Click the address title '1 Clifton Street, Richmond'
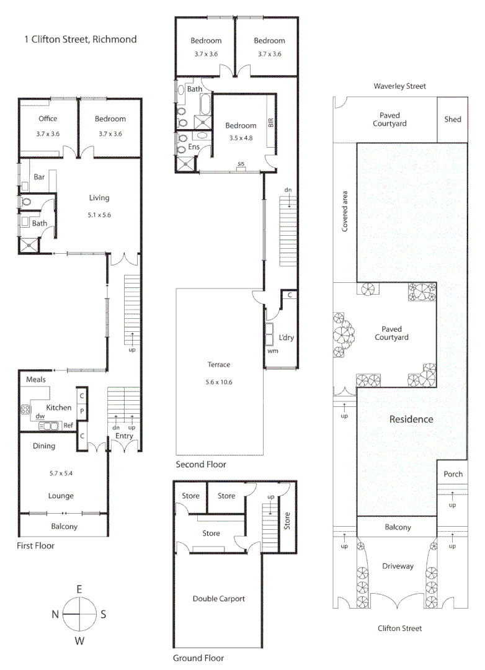(x=80, y=39)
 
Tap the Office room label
(x=48, y=118)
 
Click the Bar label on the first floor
(x=39, y=177)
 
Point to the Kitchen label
(x=59, y=408)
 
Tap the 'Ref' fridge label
(x=68, y=426)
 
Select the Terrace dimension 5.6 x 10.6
(x=219, y=382)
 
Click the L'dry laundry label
(x=286, y=337)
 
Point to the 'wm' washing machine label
(x=272, y=351)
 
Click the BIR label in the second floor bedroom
(x=270, y=122)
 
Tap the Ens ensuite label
(x=194, y=148)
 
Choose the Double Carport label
(x=219, y=599)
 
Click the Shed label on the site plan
(x=453, y=119)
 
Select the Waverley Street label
(x=399, y=86)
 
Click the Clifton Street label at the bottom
(x=399, y=628)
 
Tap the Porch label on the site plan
(x=453, y=474)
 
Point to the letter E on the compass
(x=79, y=589)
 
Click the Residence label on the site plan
(x=411, y=419)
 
